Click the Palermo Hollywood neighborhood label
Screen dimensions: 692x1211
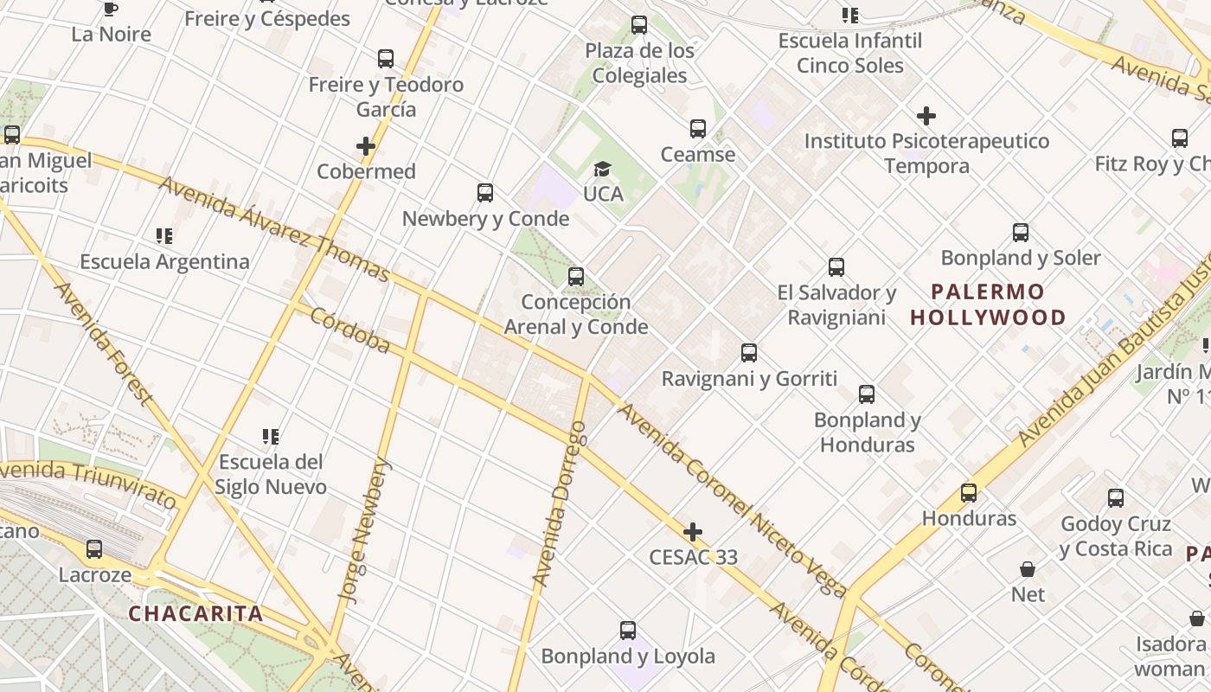[x=988, y=304]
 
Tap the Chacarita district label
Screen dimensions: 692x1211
[x=195, y=614]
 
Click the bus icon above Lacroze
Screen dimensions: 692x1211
[x=94, y=548]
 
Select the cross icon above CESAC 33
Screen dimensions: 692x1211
[x=693, y=531]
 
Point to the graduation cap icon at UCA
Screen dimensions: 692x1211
[x=603, y=169]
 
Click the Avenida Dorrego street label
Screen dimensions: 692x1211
[x=559, y=503]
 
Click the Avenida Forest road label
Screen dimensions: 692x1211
[x=103, y=343]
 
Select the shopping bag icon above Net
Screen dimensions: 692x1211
[x=1028, y=568]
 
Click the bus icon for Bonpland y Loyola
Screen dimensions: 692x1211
[x=628, y=630]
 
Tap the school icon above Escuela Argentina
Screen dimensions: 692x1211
[x=164, y=235]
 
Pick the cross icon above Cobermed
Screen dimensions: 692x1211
[x=366, y=146]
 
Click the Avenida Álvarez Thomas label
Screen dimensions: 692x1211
[x=273, y=229]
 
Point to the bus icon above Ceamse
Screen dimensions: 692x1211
[x=698, y=129]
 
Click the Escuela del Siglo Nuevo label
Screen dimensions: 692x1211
[x=271, y=474]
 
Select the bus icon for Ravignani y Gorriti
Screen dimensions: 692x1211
[x=749, y=353]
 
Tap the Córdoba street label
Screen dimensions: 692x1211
[x=350, y=330]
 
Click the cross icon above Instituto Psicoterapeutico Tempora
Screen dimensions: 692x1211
[x=926, y=115]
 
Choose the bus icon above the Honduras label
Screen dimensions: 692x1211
[x=969, y=493]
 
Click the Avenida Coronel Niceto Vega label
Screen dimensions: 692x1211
[x=731, y=501]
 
